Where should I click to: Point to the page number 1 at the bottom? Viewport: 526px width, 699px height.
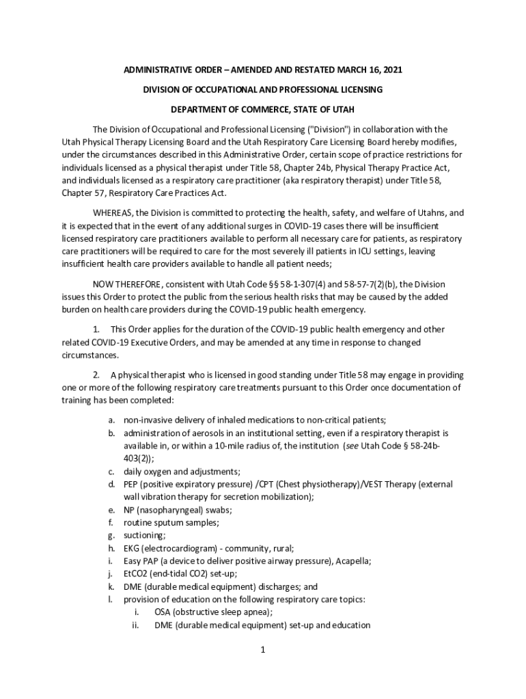tap(262, 649)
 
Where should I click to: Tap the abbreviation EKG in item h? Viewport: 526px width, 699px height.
tap(132, 548)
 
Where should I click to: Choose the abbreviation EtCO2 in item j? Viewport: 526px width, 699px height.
tap(135, 573)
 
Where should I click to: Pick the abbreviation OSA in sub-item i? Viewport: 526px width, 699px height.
tap(163, 612)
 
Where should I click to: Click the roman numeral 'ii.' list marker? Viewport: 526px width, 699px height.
tap(135, 625)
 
